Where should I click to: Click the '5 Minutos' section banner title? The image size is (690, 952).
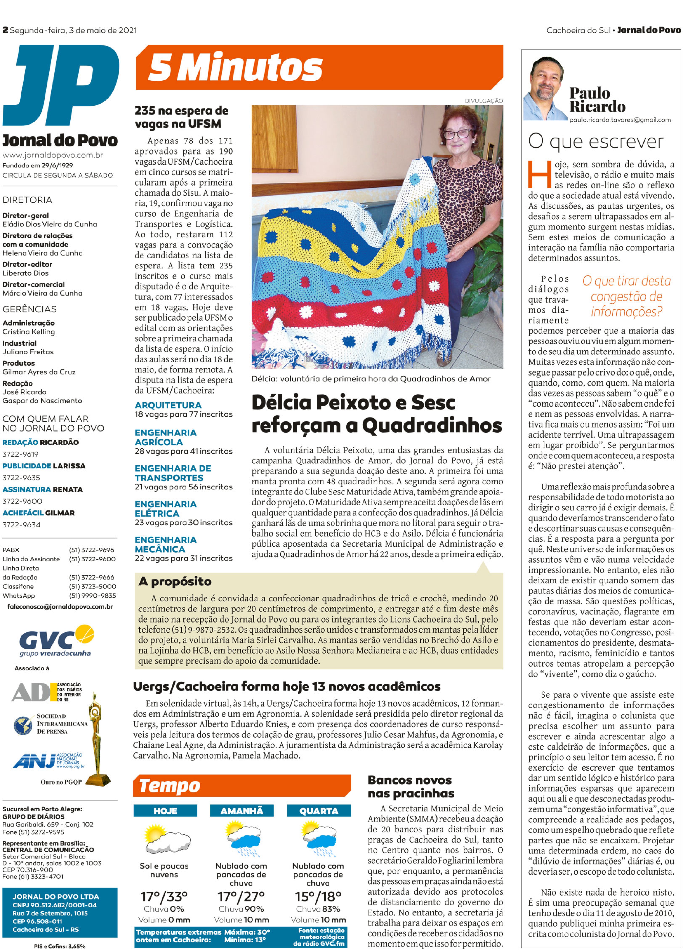tap(235, 67)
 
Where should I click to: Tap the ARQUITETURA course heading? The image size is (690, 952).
tap(168, 405)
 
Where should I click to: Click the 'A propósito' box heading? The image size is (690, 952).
tap(175, 581)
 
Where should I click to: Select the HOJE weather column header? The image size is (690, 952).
tap(165, 811)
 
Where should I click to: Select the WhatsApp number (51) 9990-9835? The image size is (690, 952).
tap(92, 596)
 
